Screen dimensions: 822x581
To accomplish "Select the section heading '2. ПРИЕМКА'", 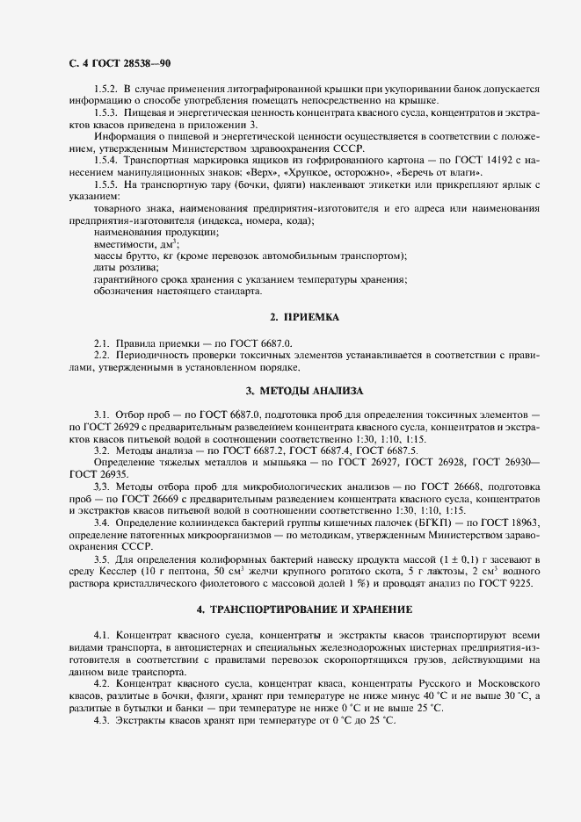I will point(303,316).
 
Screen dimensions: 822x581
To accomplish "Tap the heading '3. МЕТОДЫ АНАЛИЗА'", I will point(303,389).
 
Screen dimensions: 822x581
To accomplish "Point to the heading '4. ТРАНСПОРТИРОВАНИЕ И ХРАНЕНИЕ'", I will point(303,609).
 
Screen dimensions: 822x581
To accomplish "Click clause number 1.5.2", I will point(105,90).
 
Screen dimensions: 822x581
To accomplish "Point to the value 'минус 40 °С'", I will point(410,696).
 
